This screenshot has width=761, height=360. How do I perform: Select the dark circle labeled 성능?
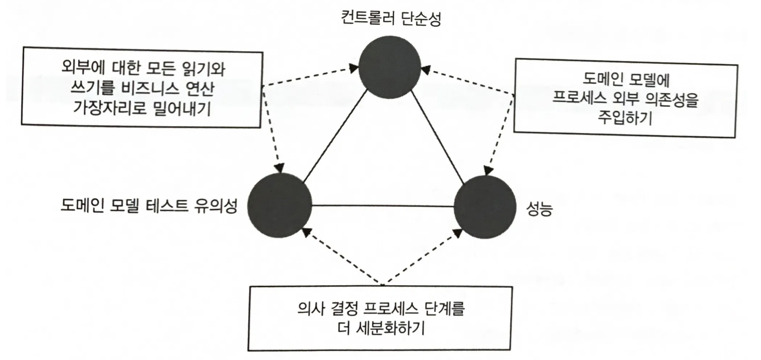pyautogui.click(x=485, y=206)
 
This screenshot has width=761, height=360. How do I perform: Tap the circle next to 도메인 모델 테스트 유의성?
pyautogui.click(x=279, y=206)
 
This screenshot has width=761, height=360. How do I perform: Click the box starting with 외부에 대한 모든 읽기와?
pyautogui.click(x=141, y=89)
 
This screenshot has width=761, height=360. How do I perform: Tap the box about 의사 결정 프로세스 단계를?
pyautogui.click(x=384, y=318)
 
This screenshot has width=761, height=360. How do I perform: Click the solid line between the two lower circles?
pyautogui.click(x=383, y=206)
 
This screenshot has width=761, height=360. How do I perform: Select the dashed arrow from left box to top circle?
pyautogui.click(x=309, y=75)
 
